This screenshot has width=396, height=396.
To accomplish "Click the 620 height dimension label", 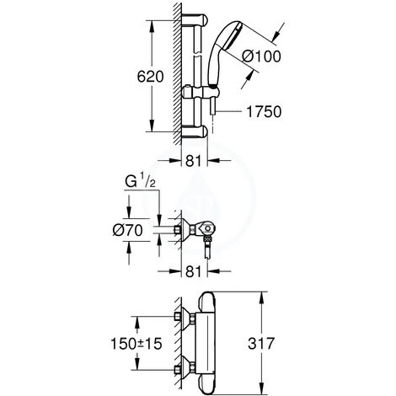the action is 150,77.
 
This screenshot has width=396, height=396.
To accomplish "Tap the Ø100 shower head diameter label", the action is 261,56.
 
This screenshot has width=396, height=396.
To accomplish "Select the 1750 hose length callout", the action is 264,111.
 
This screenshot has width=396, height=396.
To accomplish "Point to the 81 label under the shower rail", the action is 194,161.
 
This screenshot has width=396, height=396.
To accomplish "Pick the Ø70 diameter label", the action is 128,231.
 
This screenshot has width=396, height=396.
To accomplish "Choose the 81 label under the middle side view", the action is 194,271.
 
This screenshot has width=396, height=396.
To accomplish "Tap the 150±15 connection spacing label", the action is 136,344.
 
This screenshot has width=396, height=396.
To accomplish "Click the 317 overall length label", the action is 261,344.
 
